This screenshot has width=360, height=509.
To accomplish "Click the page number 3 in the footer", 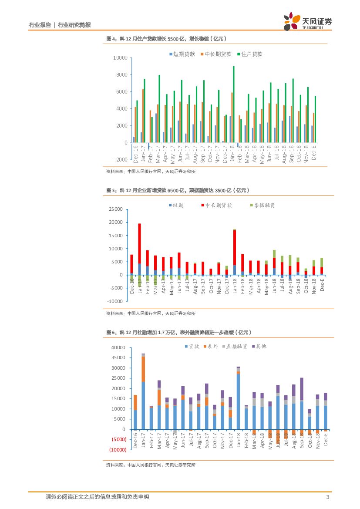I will [327, 497].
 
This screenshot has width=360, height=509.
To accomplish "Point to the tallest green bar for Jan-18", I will [234, 104].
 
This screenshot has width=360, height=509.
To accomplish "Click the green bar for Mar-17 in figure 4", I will [159, 109].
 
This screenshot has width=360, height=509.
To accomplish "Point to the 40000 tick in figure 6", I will [118, 348].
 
